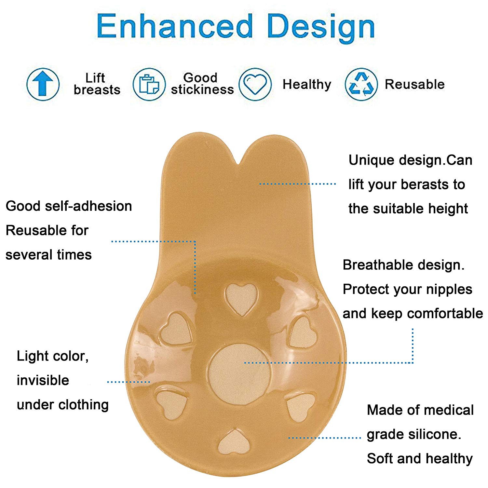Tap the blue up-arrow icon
tap(43, 84)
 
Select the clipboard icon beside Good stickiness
tap(149, 84)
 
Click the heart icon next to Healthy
tap(255, 84)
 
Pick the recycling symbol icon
tap(361, 84)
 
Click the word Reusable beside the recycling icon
tap(415, 84)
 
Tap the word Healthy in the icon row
tap(307, 85)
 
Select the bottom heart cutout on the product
tap(234, 442)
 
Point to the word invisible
tap(43, 380)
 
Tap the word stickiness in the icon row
tap(202, 89)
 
